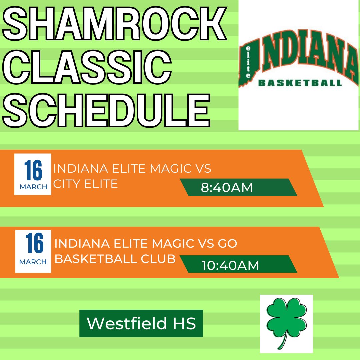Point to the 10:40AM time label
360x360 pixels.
pos(230,265)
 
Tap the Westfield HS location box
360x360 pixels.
pos(141,323)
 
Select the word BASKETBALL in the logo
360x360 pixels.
pos(300,83)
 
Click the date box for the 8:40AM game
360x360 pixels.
pos(33,174)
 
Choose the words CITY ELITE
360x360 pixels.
pos(86,184)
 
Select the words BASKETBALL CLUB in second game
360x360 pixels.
pos(115,259)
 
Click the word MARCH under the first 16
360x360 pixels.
pos(33,187)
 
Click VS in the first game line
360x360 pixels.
pos(202,169)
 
